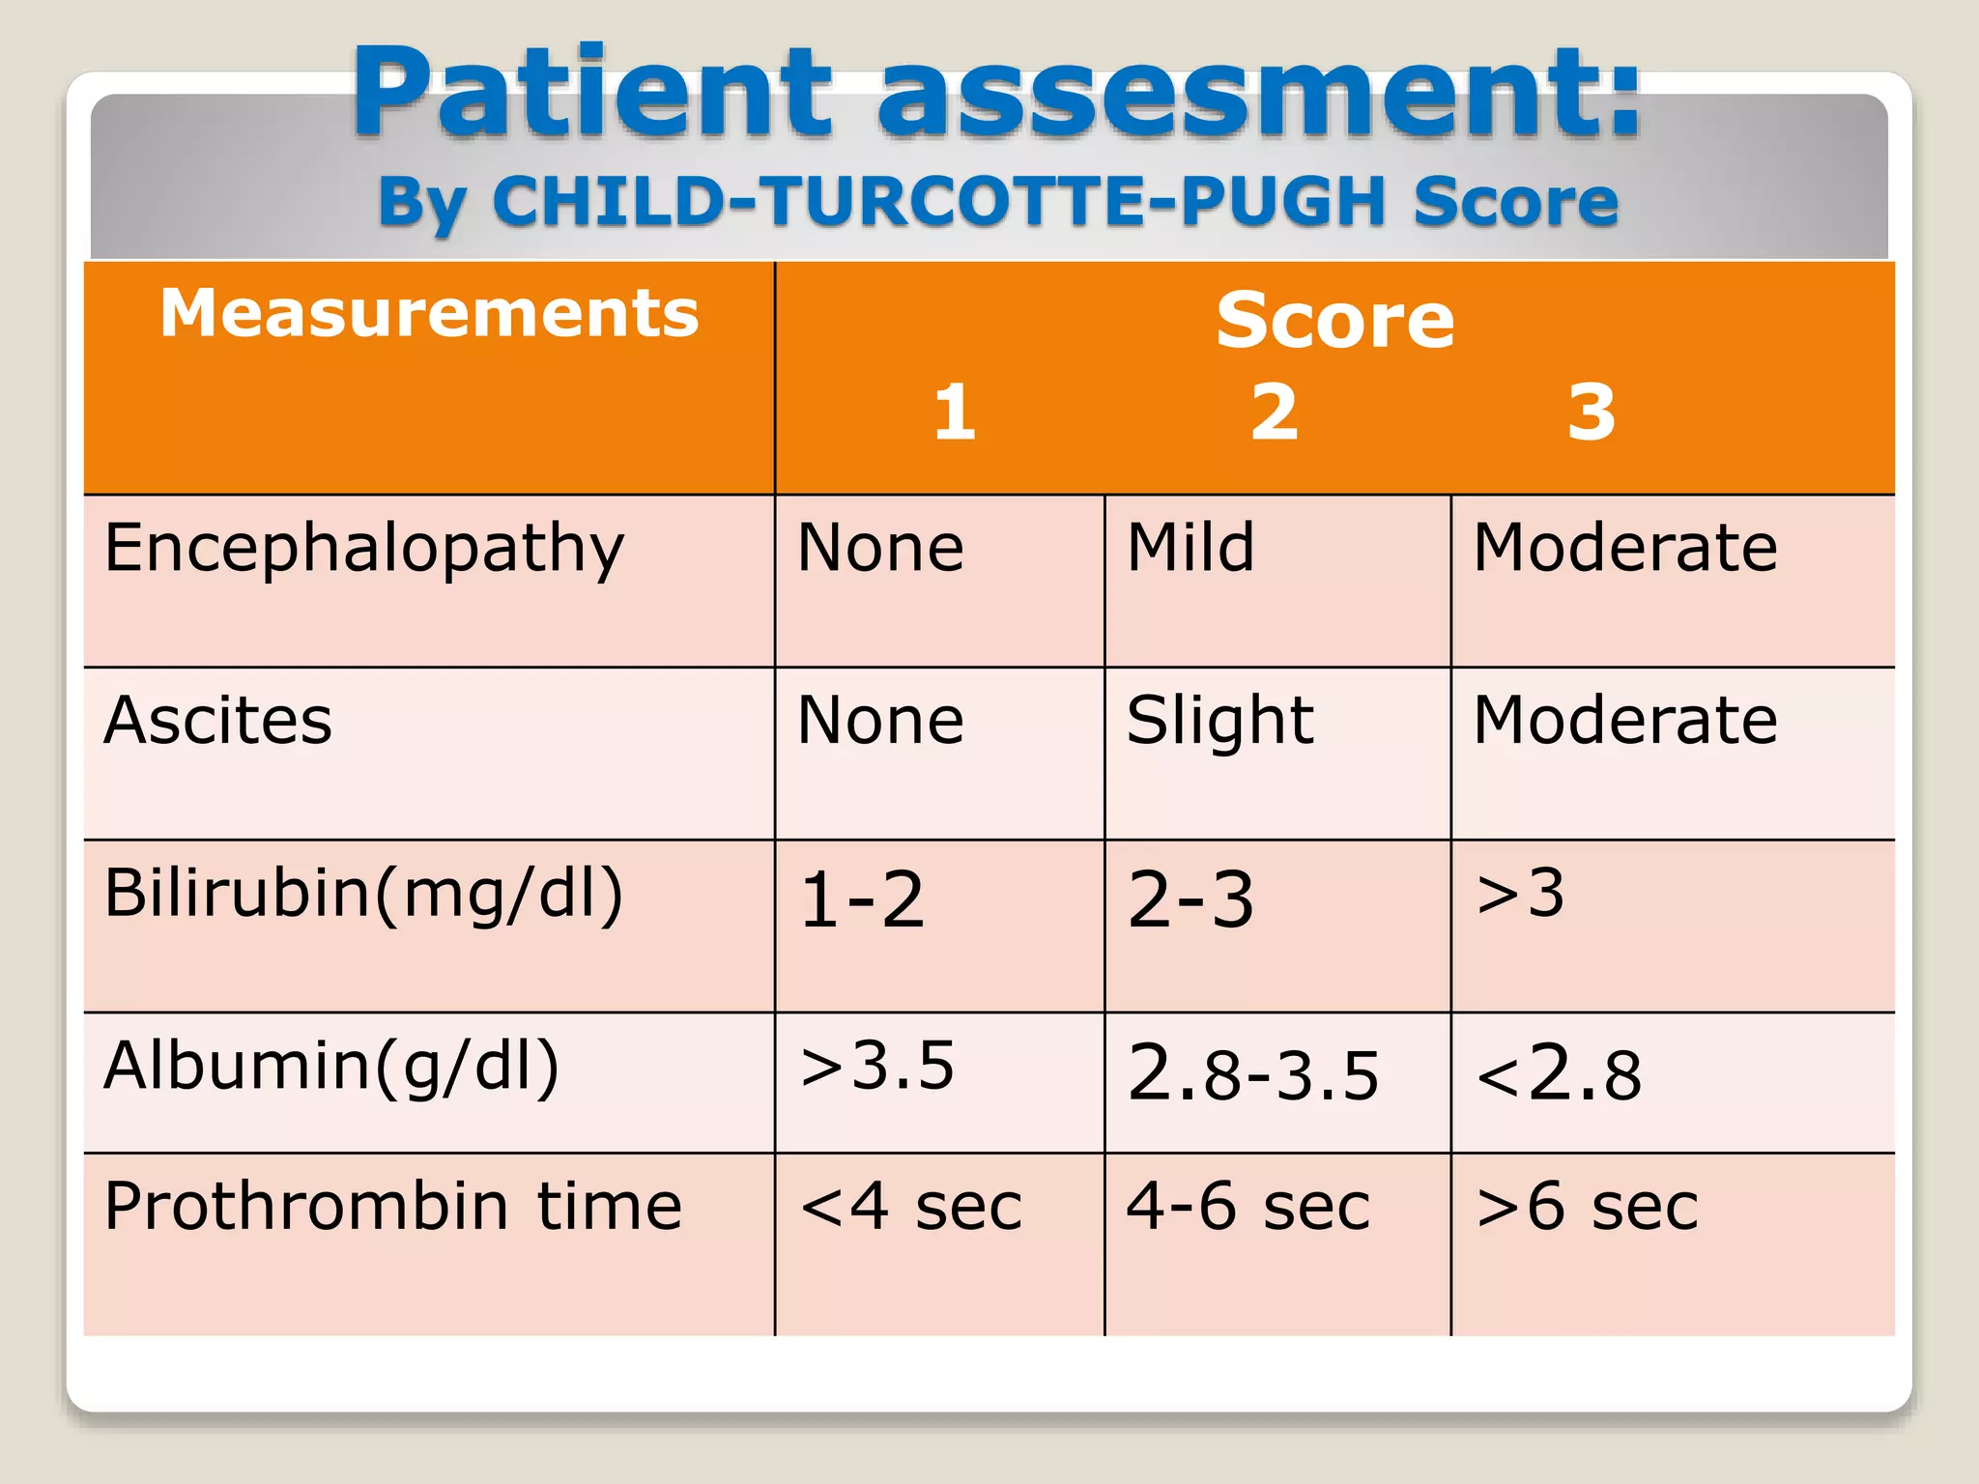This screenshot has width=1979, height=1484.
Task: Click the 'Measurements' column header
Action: tap(429, 314)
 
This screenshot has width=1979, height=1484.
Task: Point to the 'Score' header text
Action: tap(1334, 321)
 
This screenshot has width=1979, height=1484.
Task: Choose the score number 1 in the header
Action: tap(955, 413)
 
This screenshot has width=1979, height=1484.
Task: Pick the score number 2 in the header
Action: tap(1275, 413)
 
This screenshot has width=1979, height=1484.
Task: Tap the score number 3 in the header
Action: tap(1592, 413)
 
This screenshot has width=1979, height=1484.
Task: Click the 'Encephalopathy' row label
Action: tap(364, 549)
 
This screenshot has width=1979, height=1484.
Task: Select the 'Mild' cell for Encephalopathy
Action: tap(1190, 548)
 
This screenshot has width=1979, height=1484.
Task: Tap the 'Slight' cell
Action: tap(1219, 722)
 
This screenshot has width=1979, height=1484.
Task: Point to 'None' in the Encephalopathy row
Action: tap(880, 548)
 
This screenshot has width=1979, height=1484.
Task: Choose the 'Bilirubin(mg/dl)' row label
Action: tap(363, 894)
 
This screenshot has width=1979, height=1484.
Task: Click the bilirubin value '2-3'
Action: tap(1190, 899)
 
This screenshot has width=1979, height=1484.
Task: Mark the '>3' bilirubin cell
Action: tap(1520, 894)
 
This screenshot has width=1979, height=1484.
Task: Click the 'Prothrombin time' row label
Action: tap(393, 1207)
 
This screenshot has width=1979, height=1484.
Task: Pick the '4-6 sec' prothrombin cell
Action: tap(1248, 1207)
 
